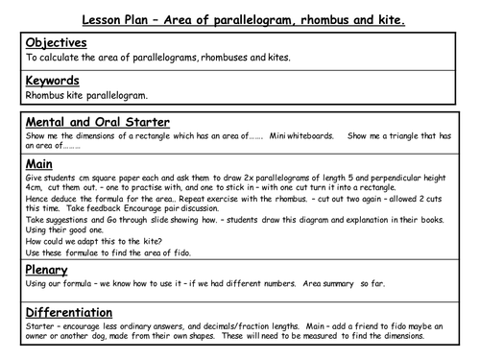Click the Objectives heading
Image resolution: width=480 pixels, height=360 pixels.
tap(56, 43)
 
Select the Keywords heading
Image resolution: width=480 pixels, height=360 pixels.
tap(54, 81)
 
